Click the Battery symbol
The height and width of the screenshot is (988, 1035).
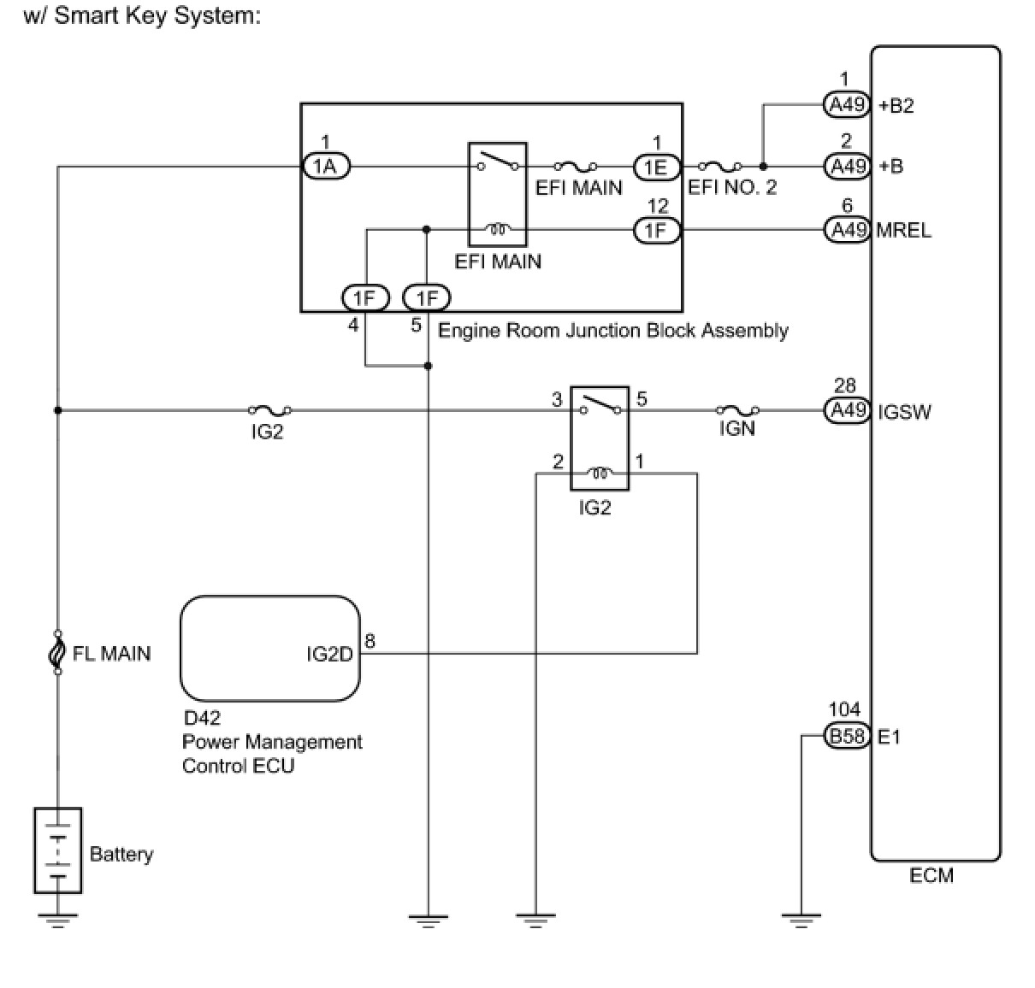click(57, 850)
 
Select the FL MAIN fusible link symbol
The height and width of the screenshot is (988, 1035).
click(57, 653)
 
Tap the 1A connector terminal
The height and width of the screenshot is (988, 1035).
click(326, 167)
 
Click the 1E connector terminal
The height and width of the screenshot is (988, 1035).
click(656, 167)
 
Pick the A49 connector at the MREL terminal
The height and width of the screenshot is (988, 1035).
click(848, 230)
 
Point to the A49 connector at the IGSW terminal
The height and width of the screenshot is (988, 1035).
click(848, 411)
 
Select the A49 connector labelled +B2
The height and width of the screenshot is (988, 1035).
click(848, 105)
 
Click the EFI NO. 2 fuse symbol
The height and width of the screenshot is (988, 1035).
click(720, 167)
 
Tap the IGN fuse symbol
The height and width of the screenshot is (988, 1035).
click(736, 410)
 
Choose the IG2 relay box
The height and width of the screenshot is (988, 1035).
click(600, 438)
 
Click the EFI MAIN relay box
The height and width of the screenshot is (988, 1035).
click(498, 195)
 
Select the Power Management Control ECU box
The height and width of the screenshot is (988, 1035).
click(270, 649)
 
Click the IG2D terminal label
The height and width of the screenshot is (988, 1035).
click(329, 655)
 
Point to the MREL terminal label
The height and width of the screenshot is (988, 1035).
click(904, 231)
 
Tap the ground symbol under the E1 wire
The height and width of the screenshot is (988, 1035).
click(801, 920)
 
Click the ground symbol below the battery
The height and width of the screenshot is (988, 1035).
click(57, 920)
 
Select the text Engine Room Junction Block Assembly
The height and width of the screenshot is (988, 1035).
click(612, 331)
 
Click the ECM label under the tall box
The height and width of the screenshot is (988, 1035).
click(931, 875)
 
